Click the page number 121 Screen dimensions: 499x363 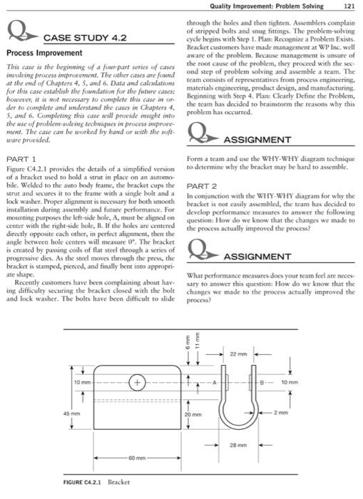point(348,6)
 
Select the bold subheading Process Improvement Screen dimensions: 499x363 point(44,53)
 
